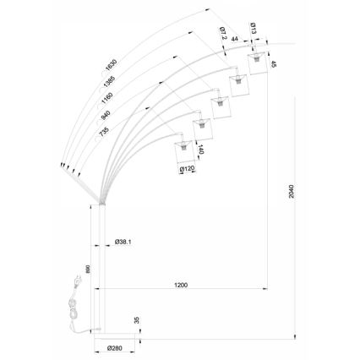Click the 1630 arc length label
(x=111, y=65)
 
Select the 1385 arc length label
(x=109, y=81)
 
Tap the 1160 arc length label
(x=107, y=98)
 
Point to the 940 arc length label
(x=106, y=115)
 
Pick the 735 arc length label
(x=104, y=132)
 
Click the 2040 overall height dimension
(x=292, y=191)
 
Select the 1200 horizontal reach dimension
(x=181, y=285)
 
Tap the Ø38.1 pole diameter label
(x=123, y=242)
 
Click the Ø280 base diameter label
(x=115, y=348)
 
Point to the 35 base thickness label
(x=137, y=320)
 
